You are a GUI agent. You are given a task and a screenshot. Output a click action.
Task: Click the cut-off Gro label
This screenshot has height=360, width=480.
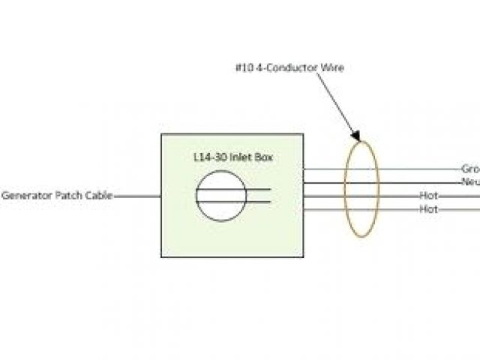tap(470, 169)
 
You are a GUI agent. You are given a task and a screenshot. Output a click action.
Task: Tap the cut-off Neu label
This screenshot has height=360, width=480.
tap(470, 182)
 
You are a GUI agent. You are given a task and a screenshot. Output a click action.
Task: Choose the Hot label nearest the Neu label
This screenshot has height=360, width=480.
tap(428, 196)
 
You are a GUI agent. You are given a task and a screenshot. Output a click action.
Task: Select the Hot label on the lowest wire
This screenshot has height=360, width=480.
tap(428, 209)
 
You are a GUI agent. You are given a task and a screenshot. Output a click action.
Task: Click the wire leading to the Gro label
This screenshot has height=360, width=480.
tap(405, 169)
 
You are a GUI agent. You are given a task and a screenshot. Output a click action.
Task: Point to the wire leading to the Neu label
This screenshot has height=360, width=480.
tap(405, 182)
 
